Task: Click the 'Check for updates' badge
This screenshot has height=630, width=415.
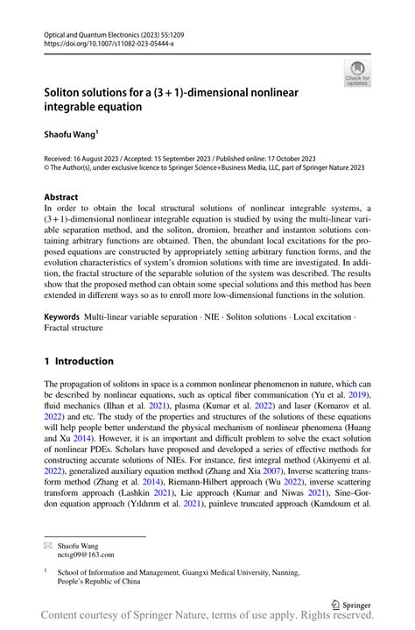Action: point(357,74)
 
